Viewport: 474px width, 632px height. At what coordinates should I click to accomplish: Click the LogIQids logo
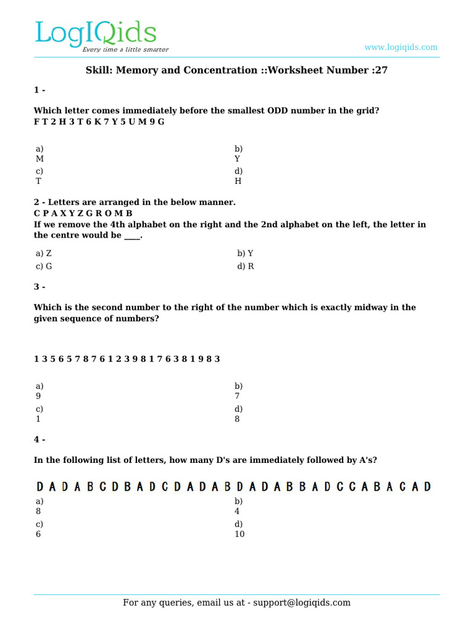point(96,35)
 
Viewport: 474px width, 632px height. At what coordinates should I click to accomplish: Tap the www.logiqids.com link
point(401,47)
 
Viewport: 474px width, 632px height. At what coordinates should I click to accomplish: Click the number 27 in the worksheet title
point(381,70)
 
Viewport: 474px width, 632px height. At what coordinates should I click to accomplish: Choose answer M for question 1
point(39,159)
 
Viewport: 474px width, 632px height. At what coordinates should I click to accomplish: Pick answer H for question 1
point(238,181)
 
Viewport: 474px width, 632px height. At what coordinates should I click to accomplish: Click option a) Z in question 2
point(44,254)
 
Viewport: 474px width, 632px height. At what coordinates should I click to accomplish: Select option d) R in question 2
point(246,267)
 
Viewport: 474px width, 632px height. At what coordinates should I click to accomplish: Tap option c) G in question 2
point(44,267)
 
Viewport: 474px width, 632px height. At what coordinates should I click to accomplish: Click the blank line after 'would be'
point(132,236)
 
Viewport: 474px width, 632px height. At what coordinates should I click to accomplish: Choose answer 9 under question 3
point(38,396)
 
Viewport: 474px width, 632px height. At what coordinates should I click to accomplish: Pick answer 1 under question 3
point(38,419)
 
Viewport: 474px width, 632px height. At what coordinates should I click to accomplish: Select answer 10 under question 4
point(239,534)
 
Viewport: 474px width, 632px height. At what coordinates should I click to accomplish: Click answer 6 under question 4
point(38,534)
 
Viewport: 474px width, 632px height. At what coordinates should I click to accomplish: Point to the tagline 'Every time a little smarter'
point(126,49)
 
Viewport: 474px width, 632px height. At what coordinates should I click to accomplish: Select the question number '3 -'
point(39,287)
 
